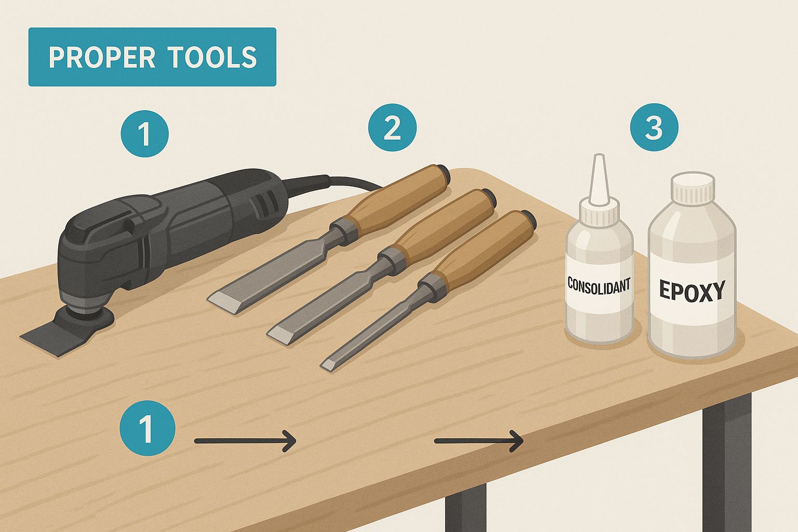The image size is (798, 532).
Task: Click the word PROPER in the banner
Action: (x=102, y=57)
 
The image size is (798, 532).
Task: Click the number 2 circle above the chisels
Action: (x=392, y=128)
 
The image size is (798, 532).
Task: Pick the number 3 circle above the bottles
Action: (x=654, y=127)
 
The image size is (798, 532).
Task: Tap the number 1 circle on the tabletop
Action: (x=148, y=429)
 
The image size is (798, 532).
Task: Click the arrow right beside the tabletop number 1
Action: (x=245, y=441)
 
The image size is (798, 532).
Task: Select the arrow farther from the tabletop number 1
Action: (x=478, y=441)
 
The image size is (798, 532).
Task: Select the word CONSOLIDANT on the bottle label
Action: (x=598, y=285)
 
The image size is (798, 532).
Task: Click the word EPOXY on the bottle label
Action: (x=691, y=291)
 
